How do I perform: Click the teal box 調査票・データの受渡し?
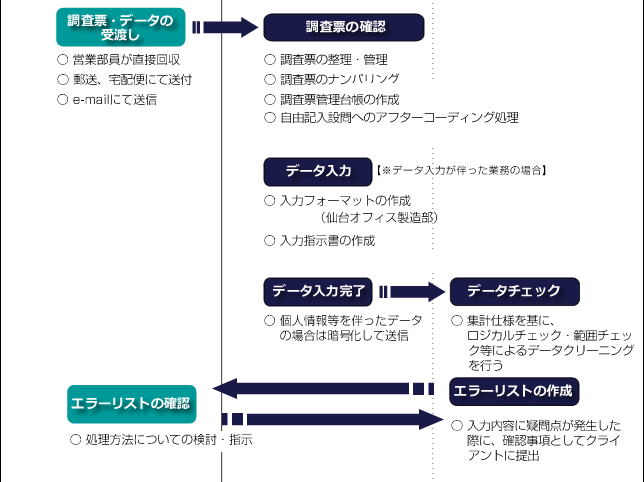(x=121, y=27)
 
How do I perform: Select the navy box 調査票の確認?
(x=344, y=27)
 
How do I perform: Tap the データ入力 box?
(x=318, y=171)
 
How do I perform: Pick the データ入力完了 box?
(x=318, y=291)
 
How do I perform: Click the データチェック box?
(x=515, y=291)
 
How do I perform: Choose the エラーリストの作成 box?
(x=514, y=391)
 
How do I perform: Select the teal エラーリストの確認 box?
(x=131, y=404)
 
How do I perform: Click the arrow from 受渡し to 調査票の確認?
(x=225, y=28)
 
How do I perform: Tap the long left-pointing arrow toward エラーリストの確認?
(x=323, y=388)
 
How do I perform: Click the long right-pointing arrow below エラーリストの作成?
(x=333, y=419)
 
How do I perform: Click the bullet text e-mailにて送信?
(x=115, y=100)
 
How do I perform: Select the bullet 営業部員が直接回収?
(x=126, y=60)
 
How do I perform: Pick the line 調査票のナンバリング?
(x=340, y=79)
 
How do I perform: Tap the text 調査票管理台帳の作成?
(x=340, y=99)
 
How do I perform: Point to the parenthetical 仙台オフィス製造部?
(x=378, y=217)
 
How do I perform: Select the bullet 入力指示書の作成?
(x=327, y=241)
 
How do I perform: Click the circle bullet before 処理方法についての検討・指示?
(x=75, y=440)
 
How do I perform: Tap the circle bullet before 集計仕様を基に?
(x=457, y=320)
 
